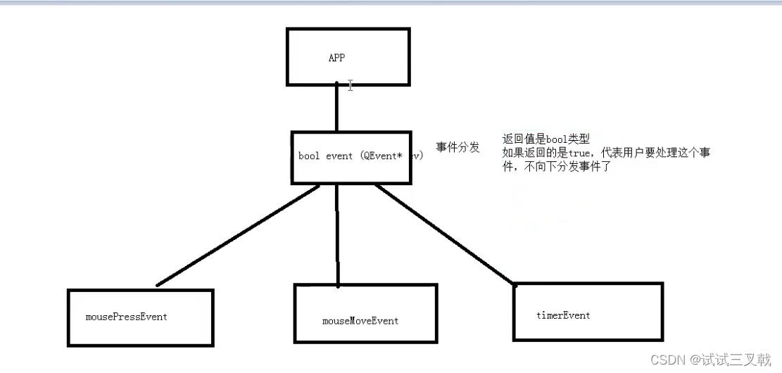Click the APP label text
point(336,58)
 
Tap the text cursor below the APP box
point(350,86)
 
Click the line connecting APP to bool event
point(336,109)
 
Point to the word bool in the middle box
point(309,156)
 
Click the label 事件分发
point(458,147)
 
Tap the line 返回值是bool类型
point(545,139)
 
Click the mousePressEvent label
point(127,317)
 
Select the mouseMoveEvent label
point(360,321)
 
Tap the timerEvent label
point(563,315)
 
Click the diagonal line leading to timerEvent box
point(443,234)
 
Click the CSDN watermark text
point(667,360)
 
